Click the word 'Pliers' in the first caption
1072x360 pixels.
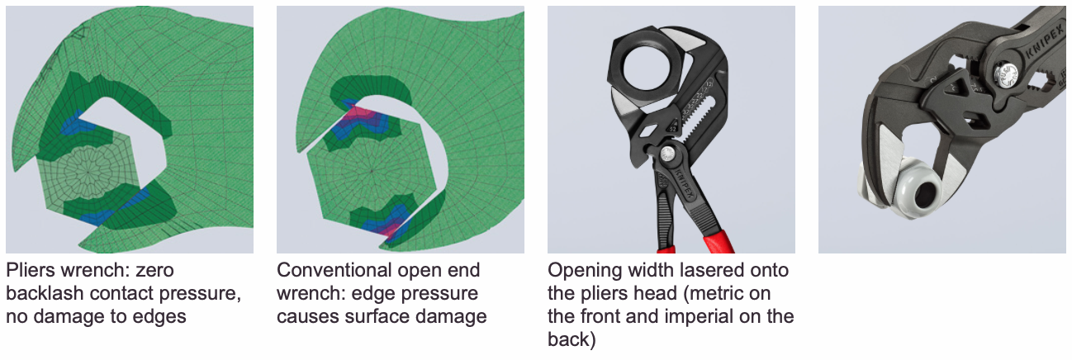click(x=31, y=271)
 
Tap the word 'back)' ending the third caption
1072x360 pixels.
click(x=572, y=339)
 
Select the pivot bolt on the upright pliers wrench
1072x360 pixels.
click(x=667, y=154)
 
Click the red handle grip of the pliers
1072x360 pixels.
click(x=715, y=241)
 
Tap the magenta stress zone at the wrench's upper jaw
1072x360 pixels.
click(x=363, y=115)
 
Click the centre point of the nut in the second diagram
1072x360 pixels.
click(x=372, y=170)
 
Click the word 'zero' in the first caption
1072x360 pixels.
click(x=154, y=271)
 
